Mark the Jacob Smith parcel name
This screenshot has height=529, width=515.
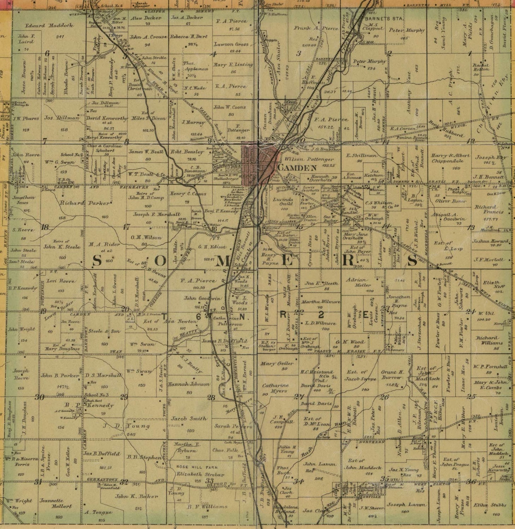pyautogui.click(x=189, y=419)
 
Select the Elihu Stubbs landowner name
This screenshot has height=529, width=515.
pyautogui.click(x=491, y=505)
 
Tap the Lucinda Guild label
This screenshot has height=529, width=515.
pyautogui.click(x=283, y=201)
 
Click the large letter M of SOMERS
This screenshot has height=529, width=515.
pyautogui.click(x=223, y=261)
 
